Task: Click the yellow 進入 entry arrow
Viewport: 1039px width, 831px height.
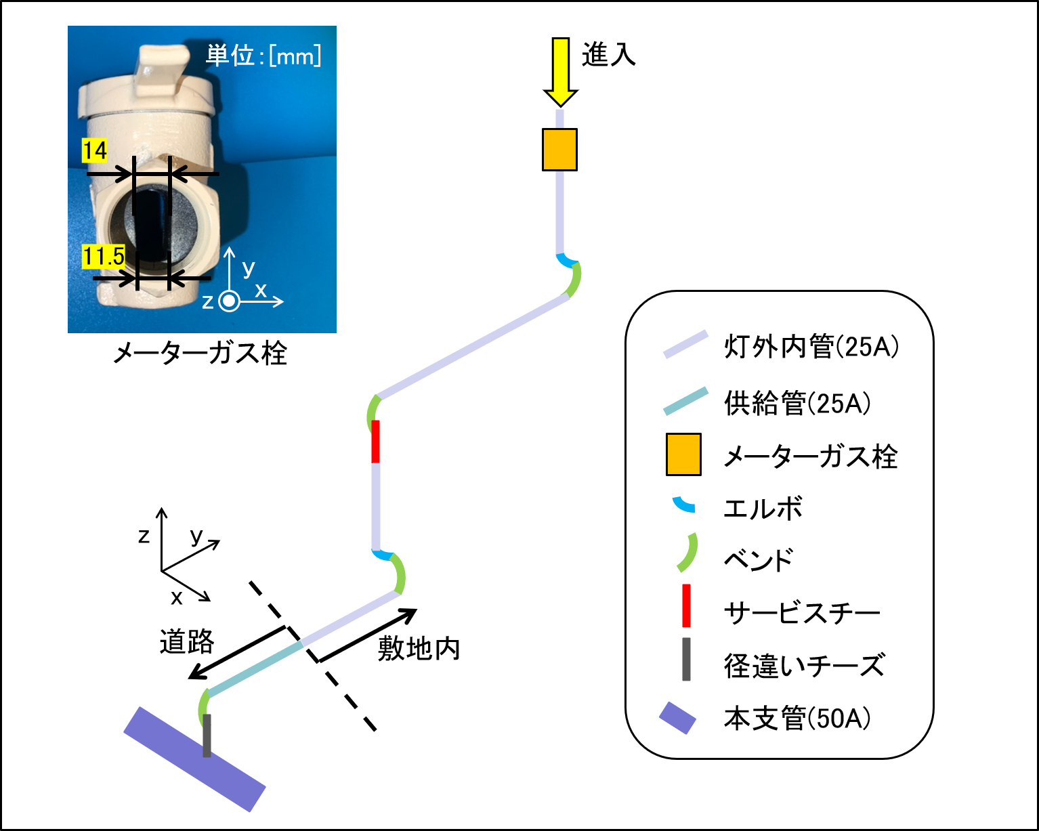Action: [560, 72]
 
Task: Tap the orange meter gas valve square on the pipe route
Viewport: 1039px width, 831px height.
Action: [559, 150]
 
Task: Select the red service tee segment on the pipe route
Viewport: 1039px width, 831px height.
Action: [375, 442]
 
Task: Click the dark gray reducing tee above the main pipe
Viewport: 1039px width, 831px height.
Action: [207, 736]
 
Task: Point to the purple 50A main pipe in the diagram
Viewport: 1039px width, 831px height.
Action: [194, 759]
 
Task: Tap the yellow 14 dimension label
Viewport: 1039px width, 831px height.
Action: [95, 150]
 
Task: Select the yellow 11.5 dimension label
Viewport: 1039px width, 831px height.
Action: [104, 256]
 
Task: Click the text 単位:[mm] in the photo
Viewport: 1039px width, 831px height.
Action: [263, 56]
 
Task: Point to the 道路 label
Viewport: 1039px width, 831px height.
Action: [187, 642]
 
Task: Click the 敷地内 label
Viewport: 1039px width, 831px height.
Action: [419, 648]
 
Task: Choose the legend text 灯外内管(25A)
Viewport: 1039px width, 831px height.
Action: [811, 347]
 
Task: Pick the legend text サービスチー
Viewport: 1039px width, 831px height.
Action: [802, 613]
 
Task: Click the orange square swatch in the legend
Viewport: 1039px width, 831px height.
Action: [683, 454]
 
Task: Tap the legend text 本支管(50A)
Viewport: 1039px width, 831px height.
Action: [797, 718]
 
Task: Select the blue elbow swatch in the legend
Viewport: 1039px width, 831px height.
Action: [683, 505]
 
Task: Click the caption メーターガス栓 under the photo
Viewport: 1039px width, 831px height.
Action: [200, 354]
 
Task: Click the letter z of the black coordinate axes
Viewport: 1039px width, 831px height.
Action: [144, 536]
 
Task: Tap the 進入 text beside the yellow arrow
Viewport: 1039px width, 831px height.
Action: [608, 54]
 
